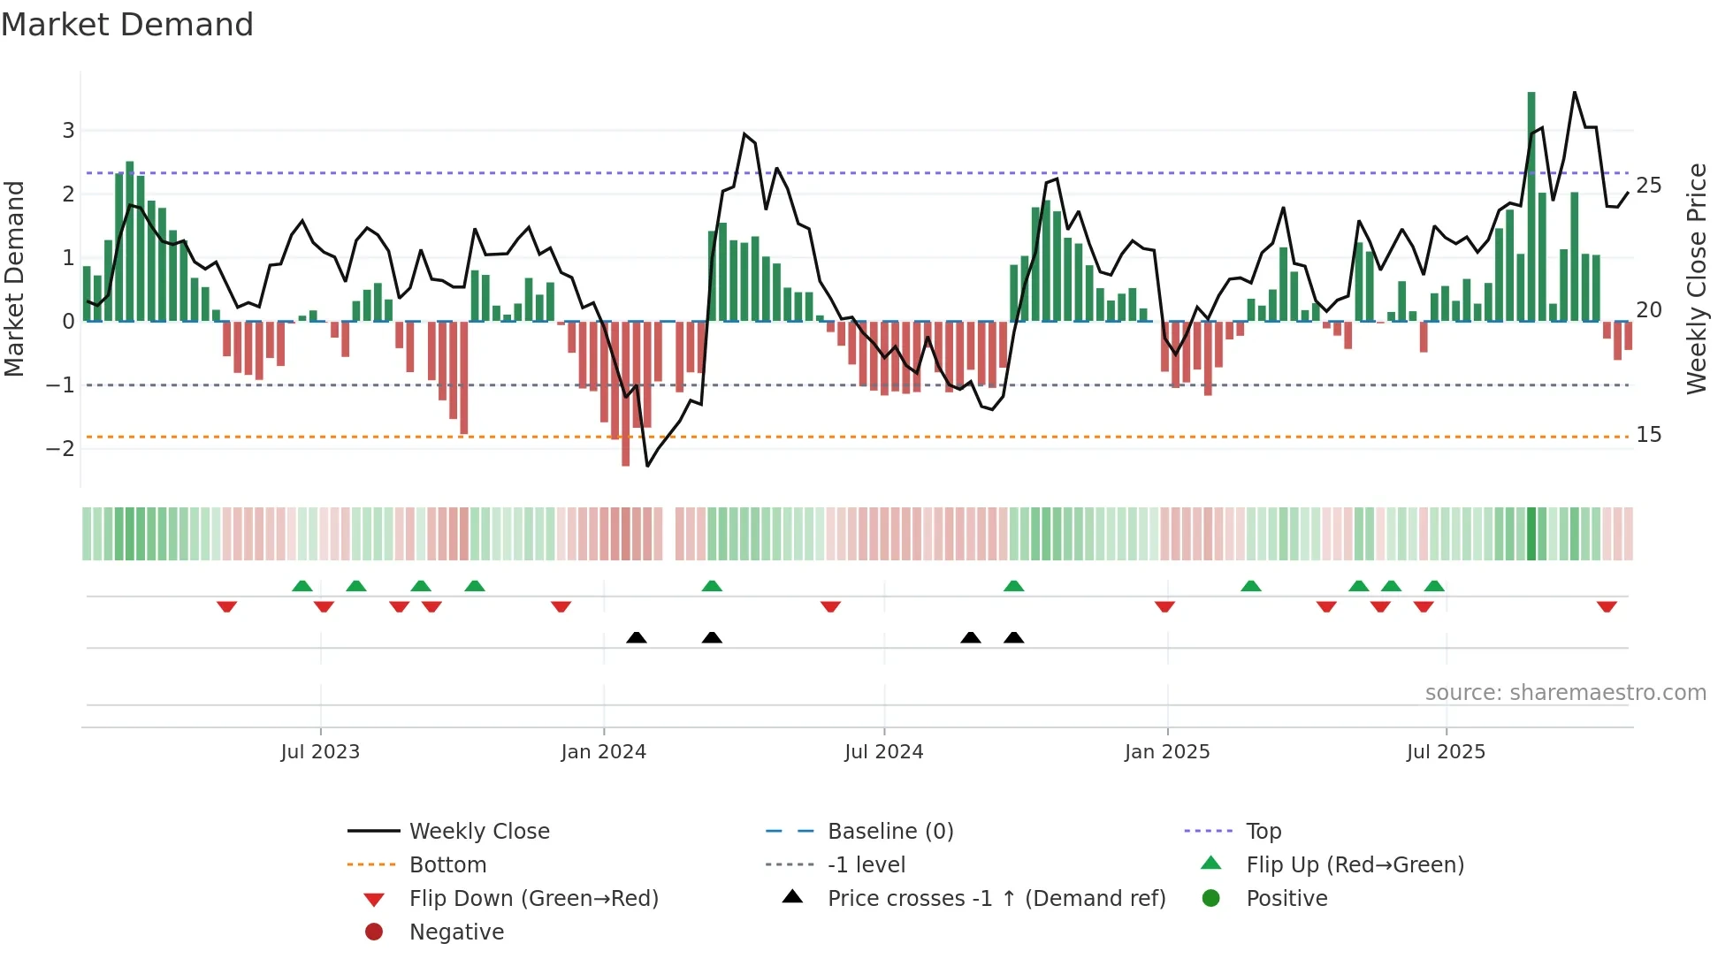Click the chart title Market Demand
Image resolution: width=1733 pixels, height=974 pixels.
pos(127,25)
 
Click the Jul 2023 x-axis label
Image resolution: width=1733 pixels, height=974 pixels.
pos(320,752)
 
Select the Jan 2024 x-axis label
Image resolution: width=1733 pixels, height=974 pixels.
pos(604,752)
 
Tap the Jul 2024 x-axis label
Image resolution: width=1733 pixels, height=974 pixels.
pos(883,752)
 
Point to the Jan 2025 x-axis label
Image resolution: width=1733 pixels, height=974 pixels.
pos(1167,752)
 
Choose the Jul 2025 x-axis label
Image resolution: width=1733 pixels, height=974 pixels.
pos(1446,752)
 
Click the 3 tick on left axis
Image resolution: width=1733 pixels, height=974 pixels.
pos(68,131)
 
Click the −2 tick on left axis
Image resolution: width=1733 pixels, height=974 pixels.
pos(61,449)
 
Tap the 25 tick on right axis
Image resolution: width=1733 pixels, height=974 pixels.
pos(1649,186)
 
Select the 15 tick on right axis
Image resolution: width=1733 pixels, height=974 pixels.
pos(1649,435)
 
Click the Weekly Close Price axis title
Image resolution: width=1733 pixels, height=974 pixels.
pos(1696,278)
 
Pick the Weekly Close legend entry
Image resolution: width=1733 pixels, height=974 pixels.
pos(478,832)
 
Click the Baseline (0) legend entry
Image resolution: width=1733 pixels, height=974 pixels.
pos(889,832)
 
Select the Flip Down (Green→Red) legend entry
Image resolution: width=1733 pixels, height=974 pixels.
pos(533,899)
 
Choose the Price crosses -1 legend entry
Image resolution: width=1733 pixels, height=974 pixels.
pos(996,899)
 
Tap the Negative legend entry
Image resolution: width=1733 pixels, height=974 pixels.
pos(456,932)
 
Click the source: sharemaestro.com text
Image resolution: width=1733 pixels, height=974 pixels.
pos(1565,693)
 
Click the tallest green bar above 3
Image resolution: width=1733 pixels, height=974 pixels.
pos(1531,203)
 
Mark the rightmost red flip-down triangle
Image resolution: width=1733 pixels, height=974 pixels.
pos(1607,606)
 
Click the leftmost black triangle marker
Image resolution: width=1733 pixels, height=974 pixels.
pos(636,637)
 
